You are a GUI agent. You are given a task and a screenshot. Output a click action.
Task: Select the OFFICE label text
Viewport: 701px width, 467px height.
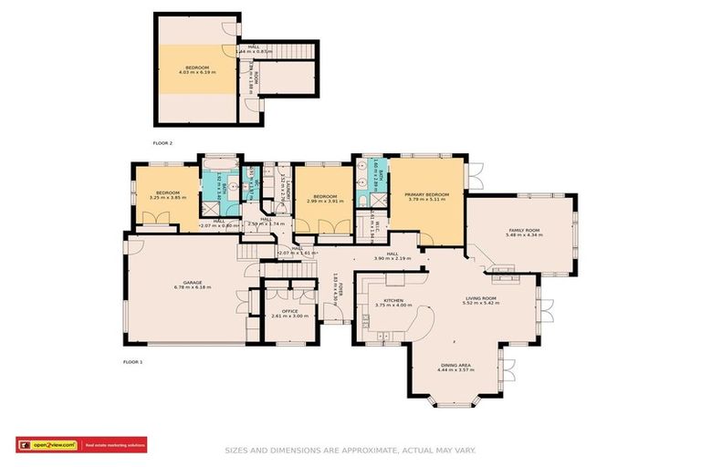pos(289,311)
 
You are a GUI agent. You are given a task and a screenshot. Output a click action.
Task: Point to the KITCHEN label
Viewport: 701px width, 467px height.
pos(393,300)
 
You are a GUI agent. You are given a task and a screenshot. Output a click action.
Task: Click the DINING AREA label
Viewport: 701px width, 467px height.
pos(458,365)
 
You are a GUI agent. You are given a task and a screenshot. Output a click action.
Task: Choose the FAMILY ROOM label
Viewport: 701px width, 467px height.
pos(523,230)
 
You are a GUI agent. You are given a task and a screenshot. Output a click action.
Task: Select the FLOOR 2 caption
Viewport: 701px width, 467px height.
pos(162,143)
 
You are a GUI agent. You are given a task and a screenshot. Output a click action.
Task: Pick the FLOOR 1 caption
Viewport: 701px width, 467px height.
pos(133,362)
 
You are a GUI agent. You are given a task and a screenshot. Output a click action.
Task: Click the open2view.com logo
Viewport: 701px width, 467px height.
pos(47,445)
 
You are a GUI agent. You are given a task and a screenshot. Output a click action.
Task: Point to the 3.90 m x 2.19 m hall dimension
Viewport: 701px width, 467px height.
pos(392,259)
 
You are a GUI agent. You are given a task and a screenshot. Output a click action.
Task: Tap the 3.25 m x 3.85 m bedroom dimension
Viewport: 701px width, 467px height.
pos(167,198)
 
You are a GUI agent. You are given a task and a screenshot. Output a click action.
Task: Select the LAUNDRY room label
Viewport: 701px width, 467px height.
pos(286,193)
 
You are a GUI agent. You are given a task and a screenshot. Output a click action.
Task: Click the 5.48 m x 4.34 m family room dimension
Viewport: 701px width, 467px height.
pos(523,235)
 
